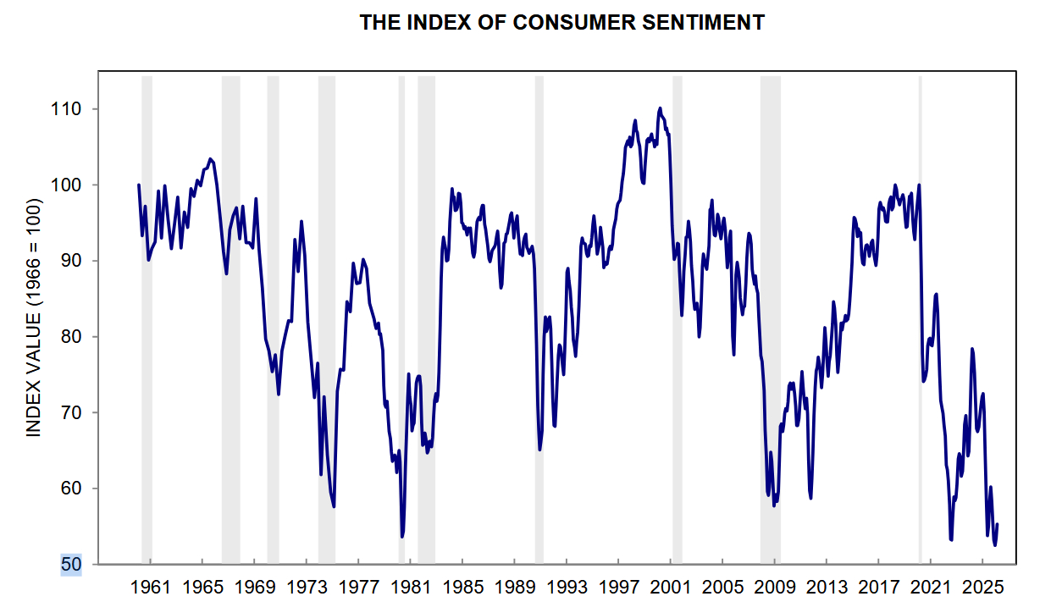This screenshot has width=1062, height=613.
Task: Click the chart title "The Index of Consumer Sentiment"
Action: click(x=561, y=23)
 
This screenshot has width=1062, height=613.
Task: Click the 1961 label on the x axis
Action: click(x=151, y=586)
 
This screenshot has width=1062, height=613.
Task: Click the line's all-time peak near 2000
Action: click(x=660, y=108)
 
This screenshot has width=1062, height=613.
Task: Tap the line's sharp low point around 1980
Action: click(x=401, y=536)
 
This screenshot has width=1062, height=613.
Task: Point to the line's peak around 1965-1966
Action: click(x=210, y=158)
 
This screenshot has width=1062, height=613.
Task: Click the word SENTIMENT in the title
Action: click(x=711, y=23)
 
